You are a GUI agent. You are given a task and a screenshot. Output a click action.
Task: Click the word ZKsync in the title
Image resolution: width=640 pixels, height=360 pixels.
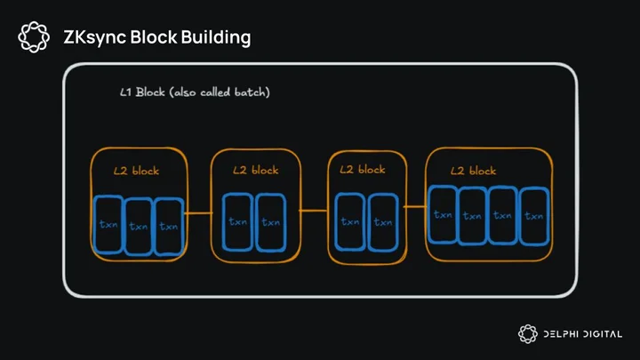(95, 37)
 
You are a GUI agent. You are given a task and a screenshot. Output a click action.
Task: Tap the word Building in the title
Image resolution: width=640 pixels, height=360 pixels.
(216, 37)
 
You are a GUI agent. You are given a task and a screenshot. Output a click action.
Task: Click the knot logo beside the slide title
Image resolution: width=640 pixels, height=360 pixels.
(34, 37)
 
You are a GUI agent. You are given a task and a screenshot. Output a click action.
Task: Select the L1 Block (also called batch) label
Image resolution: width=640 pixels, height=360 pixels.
(195, 92)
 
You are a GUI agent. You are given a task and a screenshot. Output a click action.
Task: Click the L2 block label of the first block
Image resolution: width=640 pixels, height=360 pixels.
(136, 171)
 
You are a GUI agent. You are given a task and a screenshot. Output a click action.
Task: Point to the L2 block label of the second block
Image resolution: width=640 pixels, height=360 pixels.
(255, 170)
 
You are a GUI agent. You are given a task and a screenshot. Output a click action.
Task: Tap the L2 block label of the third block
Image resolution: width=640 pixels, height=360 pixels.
(363, 169)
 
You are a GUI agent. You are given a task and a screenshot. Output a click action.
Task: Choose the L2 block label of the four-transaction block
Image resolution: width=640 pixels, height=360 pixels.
(473, 170)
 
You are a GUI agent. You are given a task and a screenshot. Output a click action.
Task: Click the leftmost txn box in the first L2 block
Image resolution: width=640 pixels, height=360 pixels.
(108, 225)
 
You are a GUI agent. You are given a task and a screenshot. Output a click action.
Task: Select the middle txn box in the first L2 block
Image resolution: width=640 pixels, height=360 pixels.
(139, 226)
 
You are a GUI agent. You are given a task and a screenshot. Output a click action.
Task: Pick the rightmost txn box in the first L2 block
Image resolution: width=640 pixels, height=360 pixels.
(169, 227)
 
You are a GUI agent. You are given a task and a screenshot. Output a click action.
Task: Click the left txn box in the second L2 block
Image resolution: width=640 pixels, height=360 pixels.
(237, 221)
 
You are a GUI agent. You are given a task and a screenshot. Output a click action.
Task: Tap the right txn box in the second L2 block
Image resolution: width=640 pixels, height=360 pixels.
(270, 222)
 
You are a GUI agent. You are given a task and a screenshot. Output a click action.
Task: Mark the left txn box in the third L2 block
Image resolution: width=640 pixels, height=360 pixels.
(350, 221)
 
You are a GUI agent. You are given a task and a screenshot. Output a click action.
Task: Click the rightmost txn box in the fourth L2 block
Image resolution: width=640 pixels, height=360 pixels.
(534, 216)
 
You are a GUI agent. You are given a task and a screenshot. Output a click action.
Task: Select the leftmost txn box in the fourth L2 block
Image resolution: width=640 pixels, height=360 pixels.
(443, 214)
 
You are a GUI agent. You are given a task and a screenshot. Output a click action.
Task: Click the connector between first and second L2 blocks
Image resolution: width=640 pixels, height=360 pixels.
(198, 213)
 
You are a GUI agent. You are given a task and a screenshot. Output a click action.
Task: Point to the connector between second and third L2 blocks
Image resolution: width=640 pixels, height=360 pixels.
(314, 211)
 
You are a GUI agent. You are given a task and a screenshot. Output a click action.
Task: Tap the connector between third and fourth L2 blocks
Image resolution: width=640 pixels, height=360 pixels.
(415, 206)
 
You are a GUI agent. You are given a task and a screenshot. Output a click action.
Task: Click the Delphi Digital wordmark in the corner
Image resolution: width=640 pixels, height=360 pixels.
(583, 334)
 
